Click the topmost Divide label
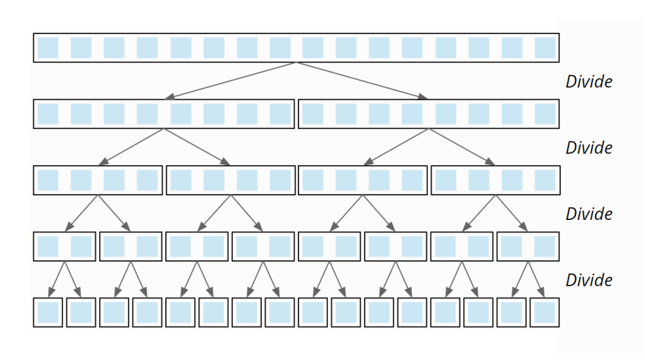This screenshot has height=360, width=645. [x=589, y=81]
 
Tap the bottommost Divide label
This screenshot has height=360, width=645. [x=589, y=280]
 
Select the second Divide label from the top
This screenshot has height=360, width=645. [x=589, y=148]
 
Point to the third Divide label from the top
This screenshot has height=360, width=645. [x=589, y=214]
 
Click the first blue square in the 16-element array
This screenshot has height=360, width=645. [x=48, y=48]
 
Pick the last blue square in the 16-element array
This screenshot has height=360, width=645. [x=545, y=48]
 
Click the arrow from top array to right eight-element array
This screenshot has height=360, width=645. [x=361, y=81]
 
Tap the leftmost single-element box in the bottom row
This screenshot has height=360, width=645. [x=48, y=312]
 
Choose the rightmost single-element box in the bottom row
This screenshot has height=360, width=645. [x=545, y=312]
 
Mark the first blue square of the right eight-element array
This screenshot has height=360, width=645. [x=313, y=114]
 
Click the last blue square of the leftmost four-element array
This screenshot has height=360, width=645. [x=147, y=180]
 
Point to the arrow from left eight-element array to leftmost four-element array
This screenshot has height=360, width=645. [x=131, y=148]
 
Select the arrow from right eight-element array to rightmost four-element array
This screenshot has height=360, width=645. [x=462, y=148]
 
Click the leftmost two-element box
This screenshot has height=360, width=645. [x=64, y=247]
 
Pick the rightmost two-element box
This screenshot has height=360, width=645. [x=529, y=247]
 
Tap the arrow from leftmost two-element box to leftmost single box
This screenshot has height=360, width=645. [x=56, y=279]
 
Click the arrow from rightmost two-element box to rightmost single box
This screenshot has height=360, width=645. [x=537, y=279]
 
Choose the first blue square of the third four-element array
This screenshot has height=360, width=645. [x=313, y=180]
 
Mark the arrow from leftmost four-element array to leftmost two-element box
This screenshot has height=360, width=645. [x=81, y=214]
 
